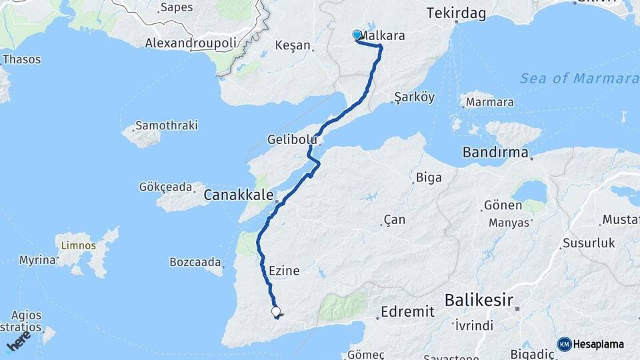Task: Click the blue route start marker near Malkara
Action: coord(357,35)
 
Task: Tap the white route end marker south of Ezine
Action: coord(276,311)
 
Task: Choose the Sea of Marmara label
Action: coord(579,79)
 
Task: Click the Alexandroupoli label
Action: coord(191,43)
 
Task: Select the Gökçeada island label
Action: coord(166,187)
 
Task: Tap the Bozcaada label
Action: coord(195,261)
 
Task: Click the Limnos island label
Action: coord(79,245)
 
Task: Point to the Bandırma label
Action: coord(495,152)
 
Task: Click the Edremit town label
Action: coord(407,311)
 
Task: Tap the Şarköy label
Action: coord(414,97)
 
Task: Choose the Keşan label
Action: coord(293,46)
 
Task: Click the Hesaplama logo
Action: coord(591,344)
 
